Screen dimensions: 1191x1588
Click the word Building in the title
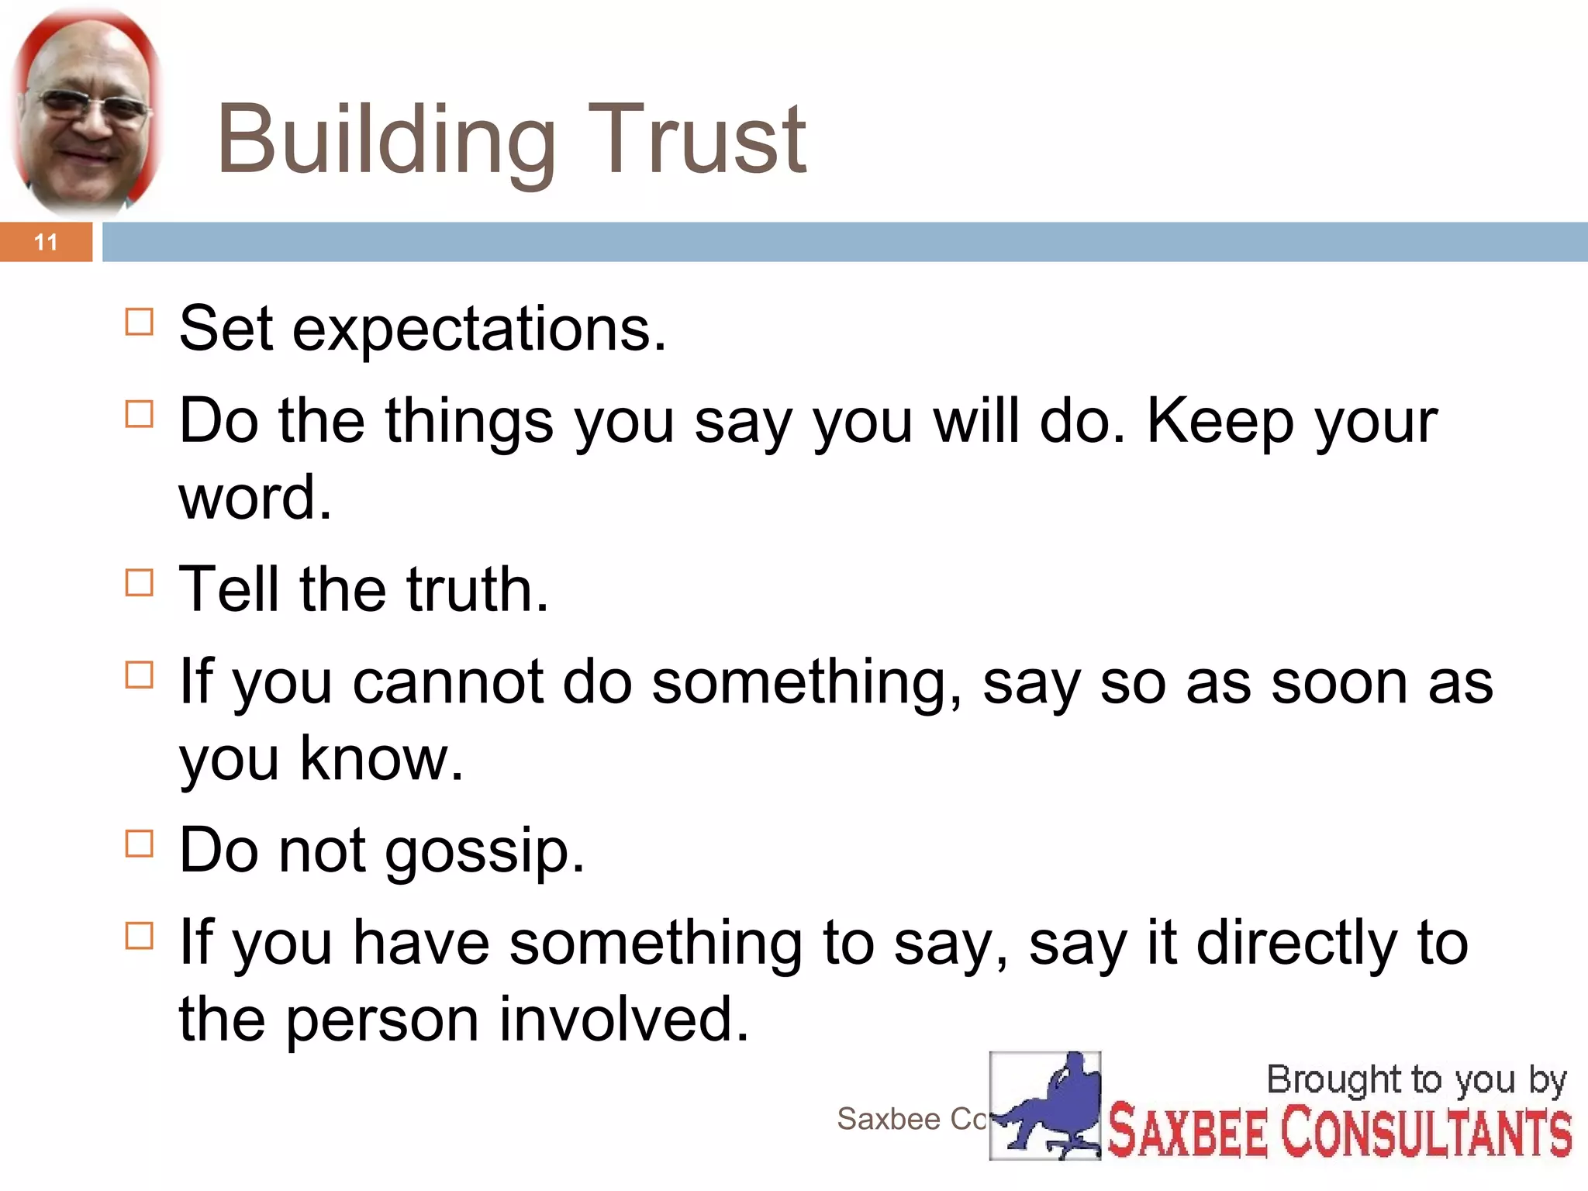coord(386,140)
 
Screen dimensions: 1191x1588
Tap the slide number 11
coord(46,242)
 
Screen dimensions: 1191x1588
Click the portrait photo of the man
coord(87,112)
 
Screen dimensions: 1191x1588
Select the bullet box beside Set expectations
coord(139,321)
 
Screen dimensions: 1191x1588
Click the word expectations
coord(478,330)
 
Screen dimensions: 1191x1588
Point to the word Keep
coord(1219,421)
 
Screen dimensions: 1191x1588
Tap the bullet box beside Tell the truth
coord(139,582)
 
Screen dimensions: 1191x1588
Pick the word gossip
coord(485,851)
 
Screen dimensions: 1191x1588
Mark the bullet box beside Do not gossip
coord(139,843)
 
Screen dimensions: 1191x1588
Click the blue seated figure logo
coord(1045,1106)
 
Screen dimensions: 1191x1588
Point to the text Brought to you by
coord(1416,1080)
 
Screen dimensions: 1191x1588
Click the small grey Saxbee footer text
coord(911,1119)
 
